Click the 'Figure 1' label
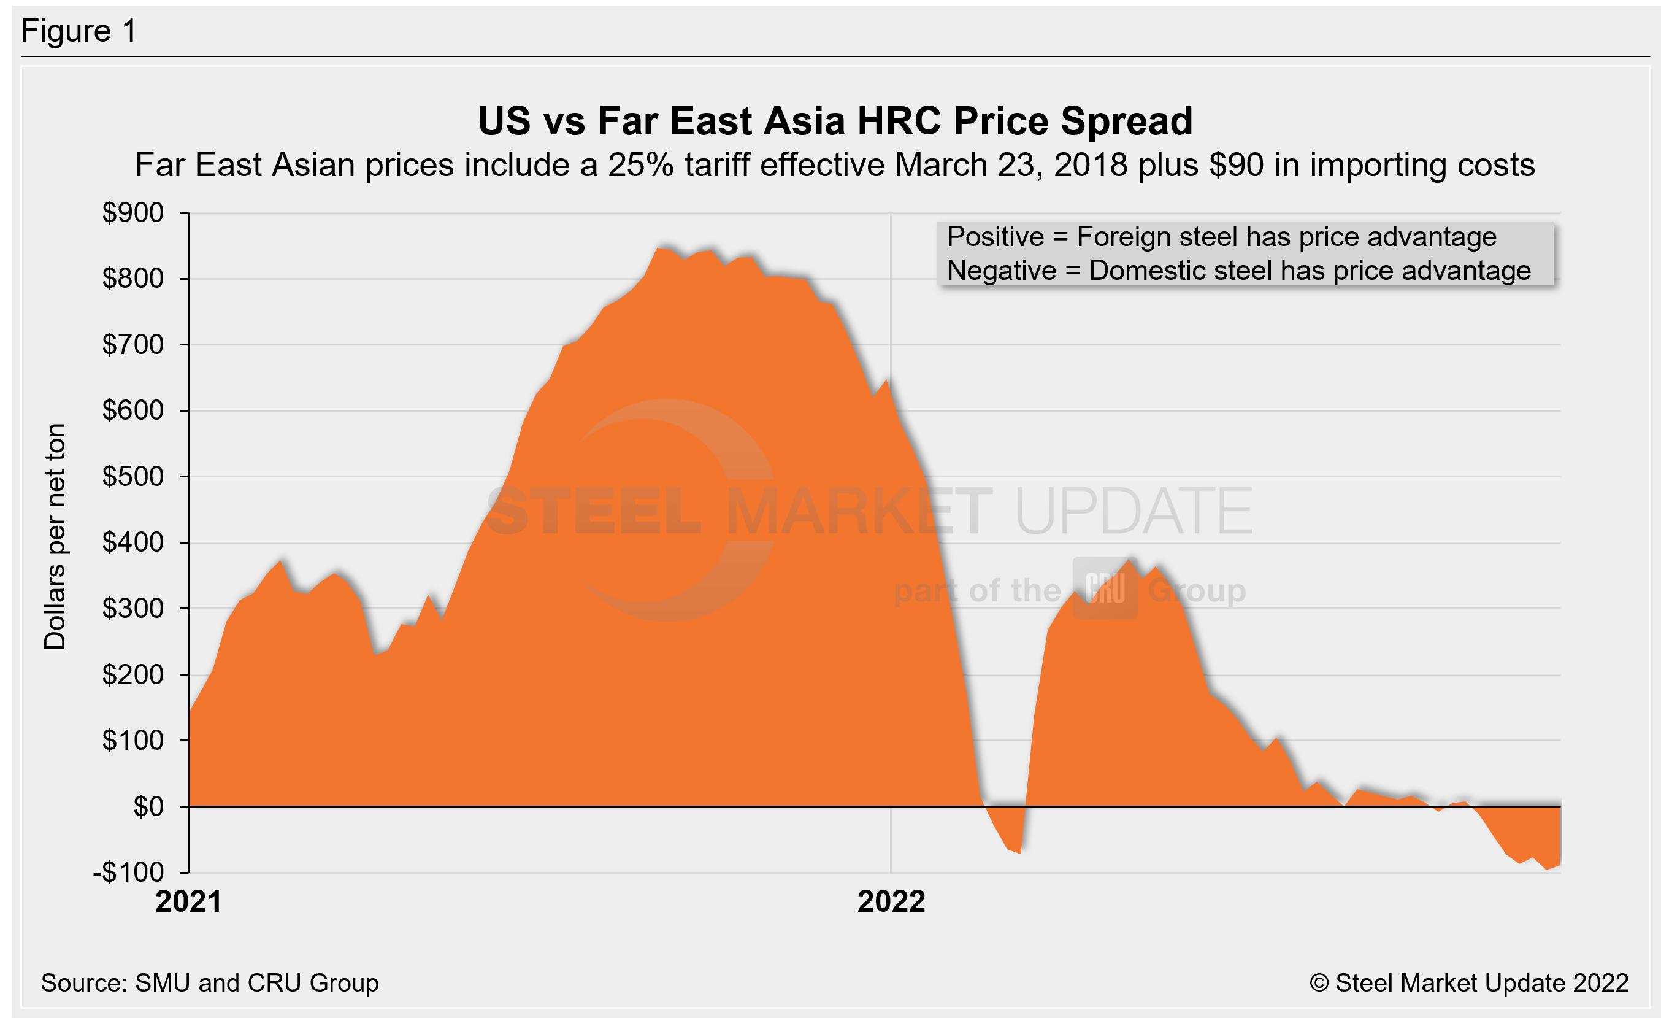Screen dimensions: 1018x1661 click(79, 31)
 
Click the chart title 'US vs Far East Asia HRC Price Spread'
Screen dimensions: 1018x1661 click(835, 121)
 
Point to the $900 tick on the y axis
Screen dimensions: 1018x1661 click(133, 213)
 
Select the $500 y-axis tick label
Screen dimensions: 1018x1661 click(133, 477)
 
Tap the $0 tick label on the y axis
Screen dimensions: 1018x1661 click(148, 806)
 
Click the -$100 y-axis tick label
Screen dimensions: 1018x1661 click(129, 873)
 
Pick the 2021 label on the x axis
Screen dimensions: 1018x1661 click(188, 902)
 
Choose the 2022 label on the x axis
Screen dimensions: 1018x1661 click(891, 902)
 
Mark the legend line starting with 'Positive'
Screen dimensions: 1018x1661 click(1221, 237)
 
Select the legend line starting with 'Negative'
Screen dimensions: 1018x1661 click(1238, 271)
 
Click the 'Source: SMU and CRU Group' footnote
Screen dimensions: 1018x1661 click(210, 983)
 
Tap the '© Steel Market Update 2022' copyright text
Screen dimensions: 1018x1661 click(1469, 983)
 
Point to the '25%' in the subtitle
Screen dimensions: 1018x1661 click(640, 165)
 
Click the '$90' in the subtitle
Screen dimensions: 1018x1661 click(1237, 165)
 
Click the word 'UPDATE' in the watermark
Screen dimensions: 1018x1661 click(1133, 511)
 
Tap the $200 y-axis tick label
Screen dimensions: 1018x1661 click(133, 674)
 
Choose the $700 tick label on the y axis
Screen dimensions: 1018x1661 click(133, 344)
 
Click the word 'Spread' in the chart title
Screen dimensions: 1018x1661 click(1126, 121)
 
